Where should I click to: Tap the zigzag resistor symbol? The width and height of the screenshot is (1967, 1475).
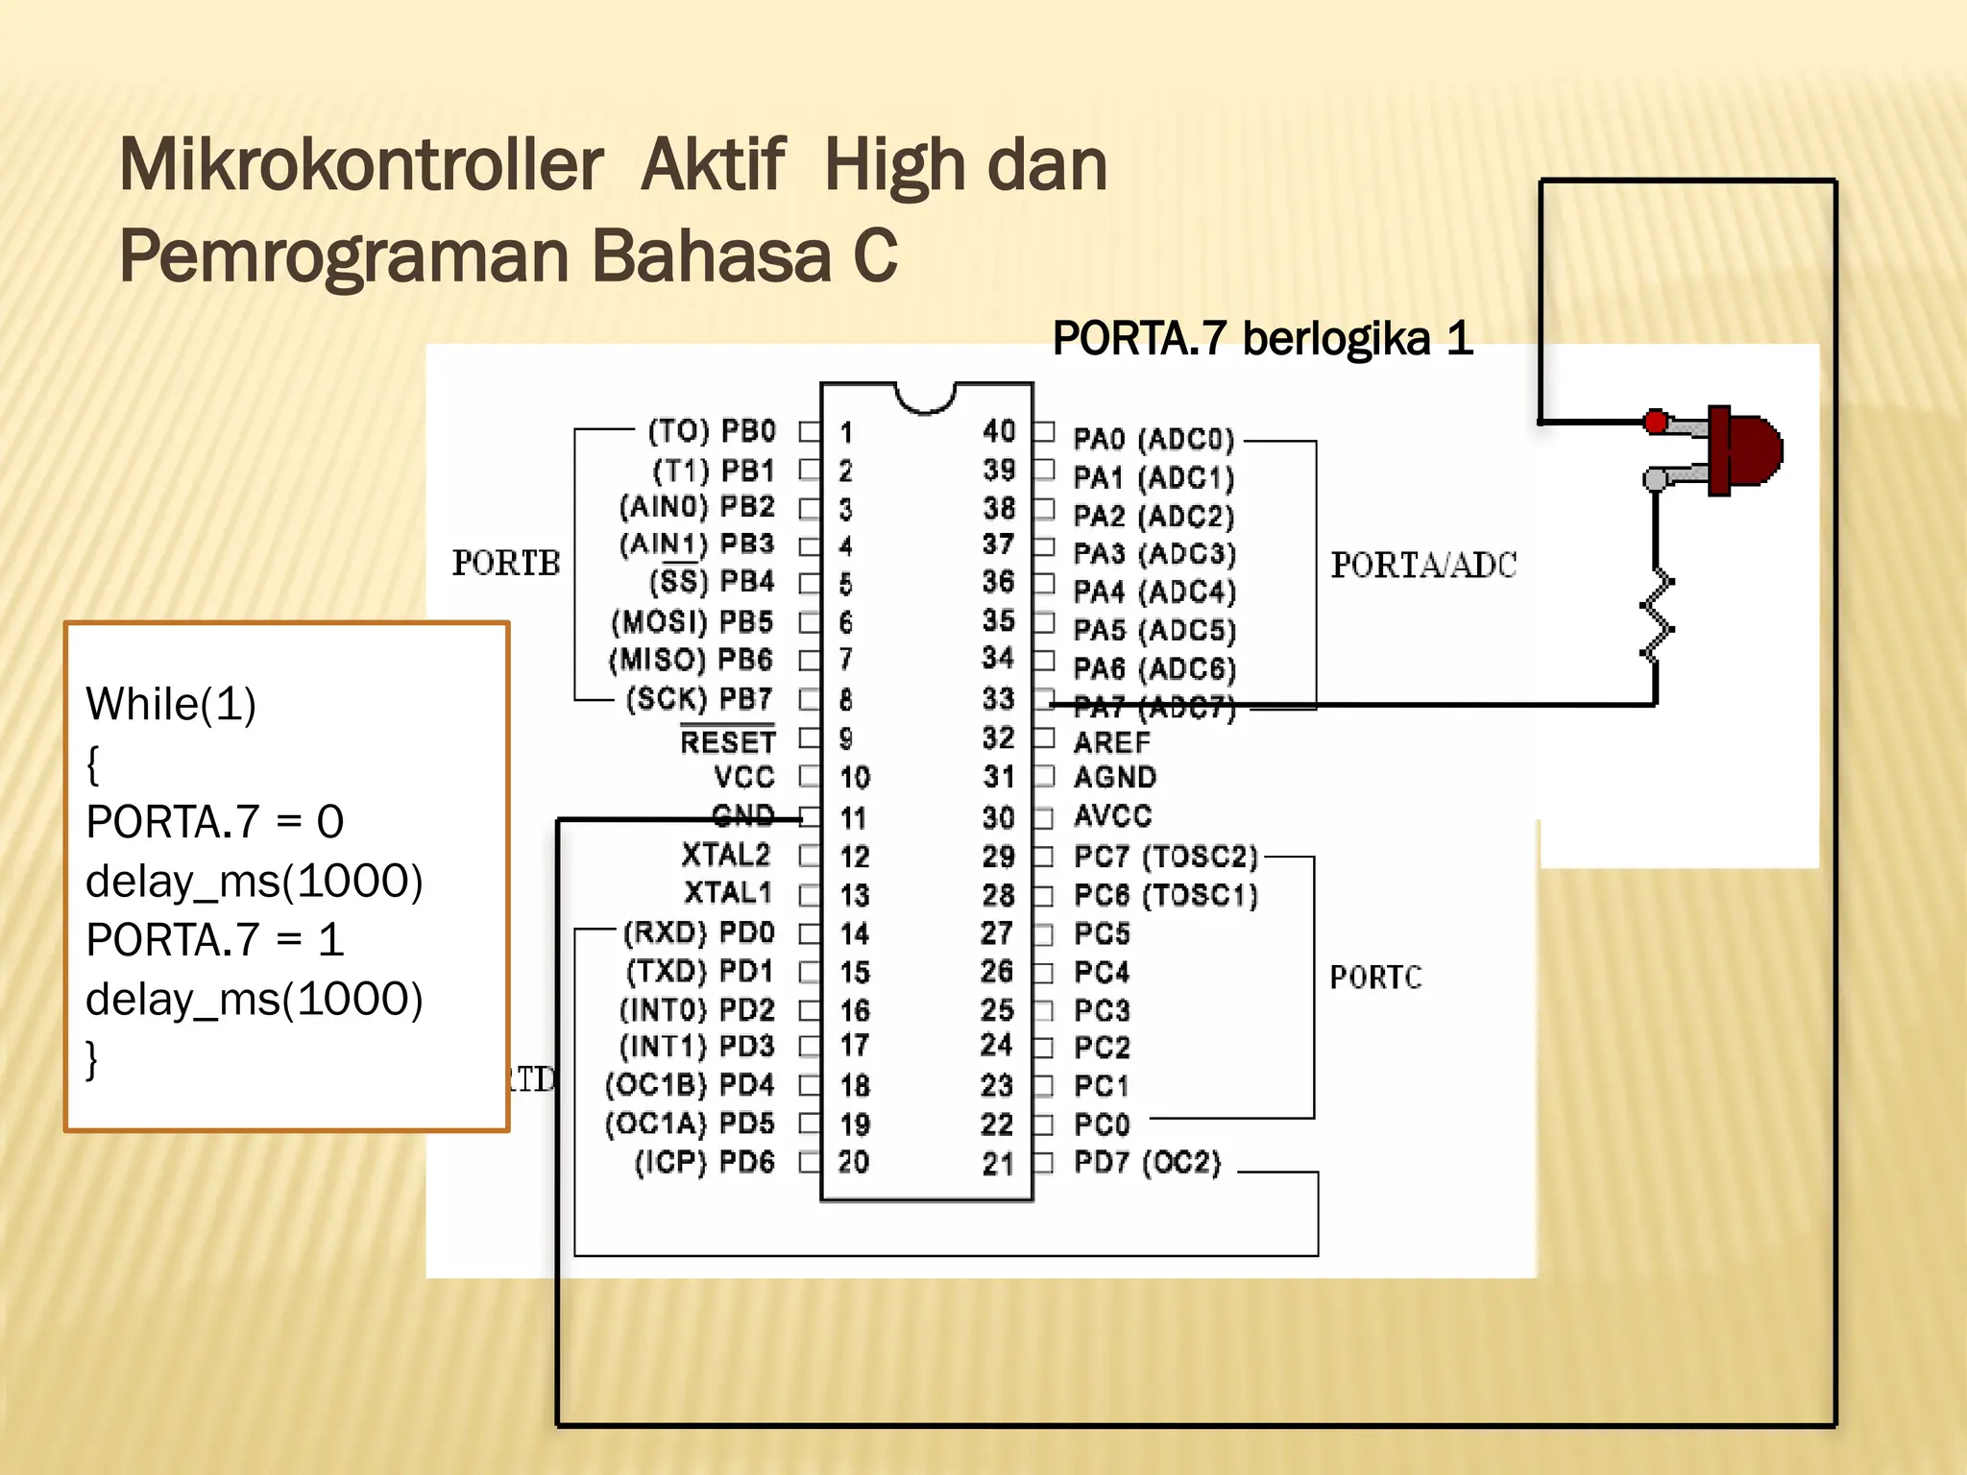pos(1657,615)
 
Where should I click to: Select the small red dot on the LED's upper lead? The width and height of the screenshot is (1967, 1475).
pos(1656,421)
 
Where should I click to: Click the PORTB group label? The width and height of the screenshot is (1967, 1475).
pos(506,563)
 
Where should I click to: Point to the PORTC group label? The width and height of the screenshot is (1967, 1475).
pos(1375,978)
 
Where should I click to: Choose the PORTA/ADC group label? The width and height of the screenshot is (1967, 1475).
pos(1423,565)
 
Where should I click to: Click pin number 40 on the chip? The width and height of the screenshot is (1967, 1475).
pos(999,431)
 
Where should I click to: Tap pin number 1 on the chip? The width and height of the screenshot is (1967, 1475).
pos(846,433)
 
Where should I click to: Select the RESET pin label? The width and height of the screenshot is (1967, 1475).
pos(727,741)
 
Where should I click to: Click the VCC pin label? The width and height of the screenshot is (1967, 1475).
pos(744,777)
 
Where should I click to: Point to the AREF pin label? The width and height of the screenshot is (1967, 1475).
pos(1111,742)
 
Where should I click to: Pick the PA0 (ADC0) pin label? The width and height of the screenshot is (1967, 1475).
pos(1153,440)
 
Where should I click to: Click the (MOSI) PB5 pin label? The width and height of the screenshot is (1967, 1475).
pos(692,622)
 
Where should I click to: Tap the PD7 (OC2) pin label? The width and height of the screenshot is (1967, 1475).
pos(1147,1163)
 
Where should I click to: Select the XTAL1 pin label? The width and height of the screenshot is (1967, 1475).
pos(728,893)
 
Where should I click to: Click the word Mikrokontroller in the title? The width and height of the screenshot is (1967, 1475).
pos(361,165)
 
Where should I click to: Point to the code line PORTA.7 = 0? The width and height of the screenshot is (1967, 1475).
pos(215,822)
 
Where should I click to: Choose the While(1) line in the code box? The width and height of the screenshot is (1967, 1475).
pos(171,704)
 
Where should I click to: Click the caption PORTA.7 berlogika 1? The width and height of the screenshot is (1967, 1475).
pos(1262,339)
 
